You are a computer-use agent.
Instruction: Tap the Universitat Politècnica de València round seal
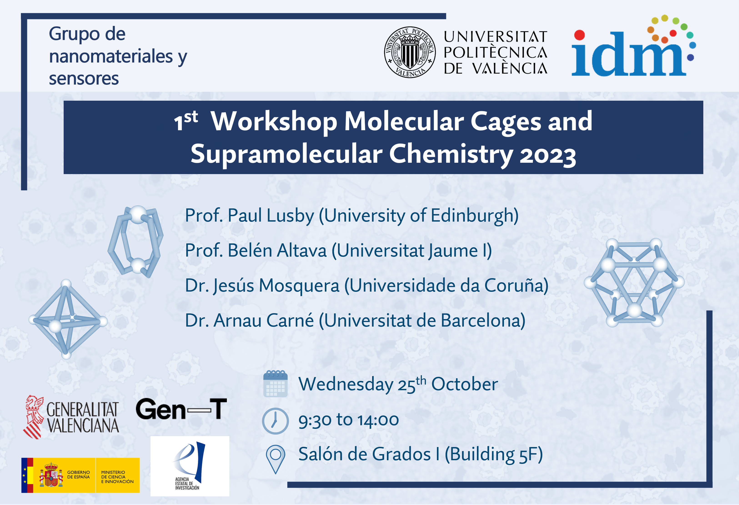click(x=410, y=52)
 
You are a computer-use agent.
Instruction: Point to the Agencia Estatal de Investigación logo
click(x=190, y=466)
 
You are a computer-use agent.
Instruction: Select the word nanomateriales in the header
click(x=111, y=56)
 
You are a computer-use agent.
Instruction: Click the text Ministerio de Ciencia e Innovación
click(x=117, y=477)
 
